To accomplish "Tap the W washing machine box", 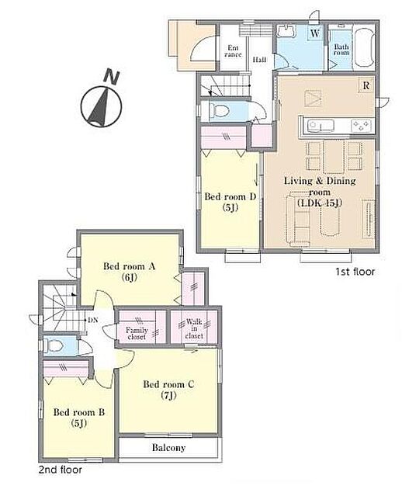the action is click(x=315, y=33).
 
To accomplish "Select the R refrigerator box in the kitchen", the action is click(x=366, y=85).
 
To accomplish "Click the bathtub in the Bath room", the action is click(x=365, y=47).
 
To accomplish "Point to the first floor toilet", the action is click(x=219, y=110).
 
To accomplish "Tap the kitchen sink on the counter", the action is click(x=321, y=125).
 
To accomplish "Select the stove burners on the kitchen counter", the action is click(x=362, y=126).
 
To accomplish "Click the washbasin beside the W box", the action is click(x=286, y=32).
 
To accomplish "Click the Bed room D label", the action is click(x=230, y=202).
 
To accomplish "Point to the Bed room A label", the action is click(x=129, y=272).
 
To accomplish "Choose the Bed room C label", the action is click(x=168, y=389).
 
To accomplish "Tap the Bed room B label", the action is click(x=79, y=418).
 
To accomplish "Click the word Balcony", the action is click(x=168, y=448).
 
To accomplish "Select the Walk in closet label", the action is click(x=194, y=328).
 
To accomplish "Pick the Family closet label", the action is click(x=137, y=333).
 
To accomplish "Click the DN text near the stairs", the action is click(x=93, y=320).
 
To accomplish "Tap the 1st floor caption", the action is click(x=355, y=272).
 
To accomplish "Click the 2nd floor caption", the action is click(x=61, y=470).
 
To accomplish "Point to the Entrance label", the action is click(x=233, y=50).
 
